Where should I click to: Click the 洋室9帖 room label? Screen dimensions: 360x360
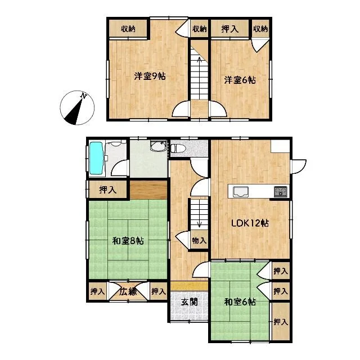tap(150, 76)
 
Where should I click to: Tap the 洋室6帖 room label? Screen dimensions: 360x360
tap(240, 80)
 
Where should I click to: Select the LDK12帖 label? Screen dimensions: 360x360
tap(250, 223)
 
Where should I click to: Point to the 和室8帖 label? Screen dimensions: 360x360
tap(128, 241)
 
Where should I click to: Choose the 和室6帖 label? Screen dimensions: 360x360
tap(240, 301)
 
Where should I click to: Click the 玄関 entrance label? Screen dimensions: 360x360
tap(190, 302)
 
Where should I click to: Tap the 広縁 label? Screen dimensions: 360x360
tap(128, 291)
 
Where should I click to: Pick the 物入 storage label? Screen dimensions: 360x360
tap(199, 241)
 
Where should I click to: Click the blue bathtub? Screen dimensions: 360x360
tap(96, 158)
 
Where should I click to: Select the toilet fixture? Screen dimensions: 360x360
tap(178, 148)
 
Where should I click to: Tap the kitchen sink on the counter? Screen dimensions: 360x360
tap(241, 192)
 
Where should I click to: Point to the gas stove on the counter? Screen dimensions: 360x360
tap(280, 192)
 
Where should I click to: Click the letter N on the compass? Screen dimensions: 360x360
tap(84, 96)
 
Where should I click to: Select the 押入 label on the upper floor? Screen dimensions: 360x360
tap(229, 29)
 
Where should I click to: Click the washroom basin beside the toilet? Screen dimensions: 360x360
tap(158, 146)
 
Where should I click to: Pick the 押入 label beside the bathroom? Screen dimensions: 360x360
tap(107, 190)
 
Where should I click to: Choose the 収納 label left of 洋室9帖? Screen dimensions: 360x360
tap(128, 29)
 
